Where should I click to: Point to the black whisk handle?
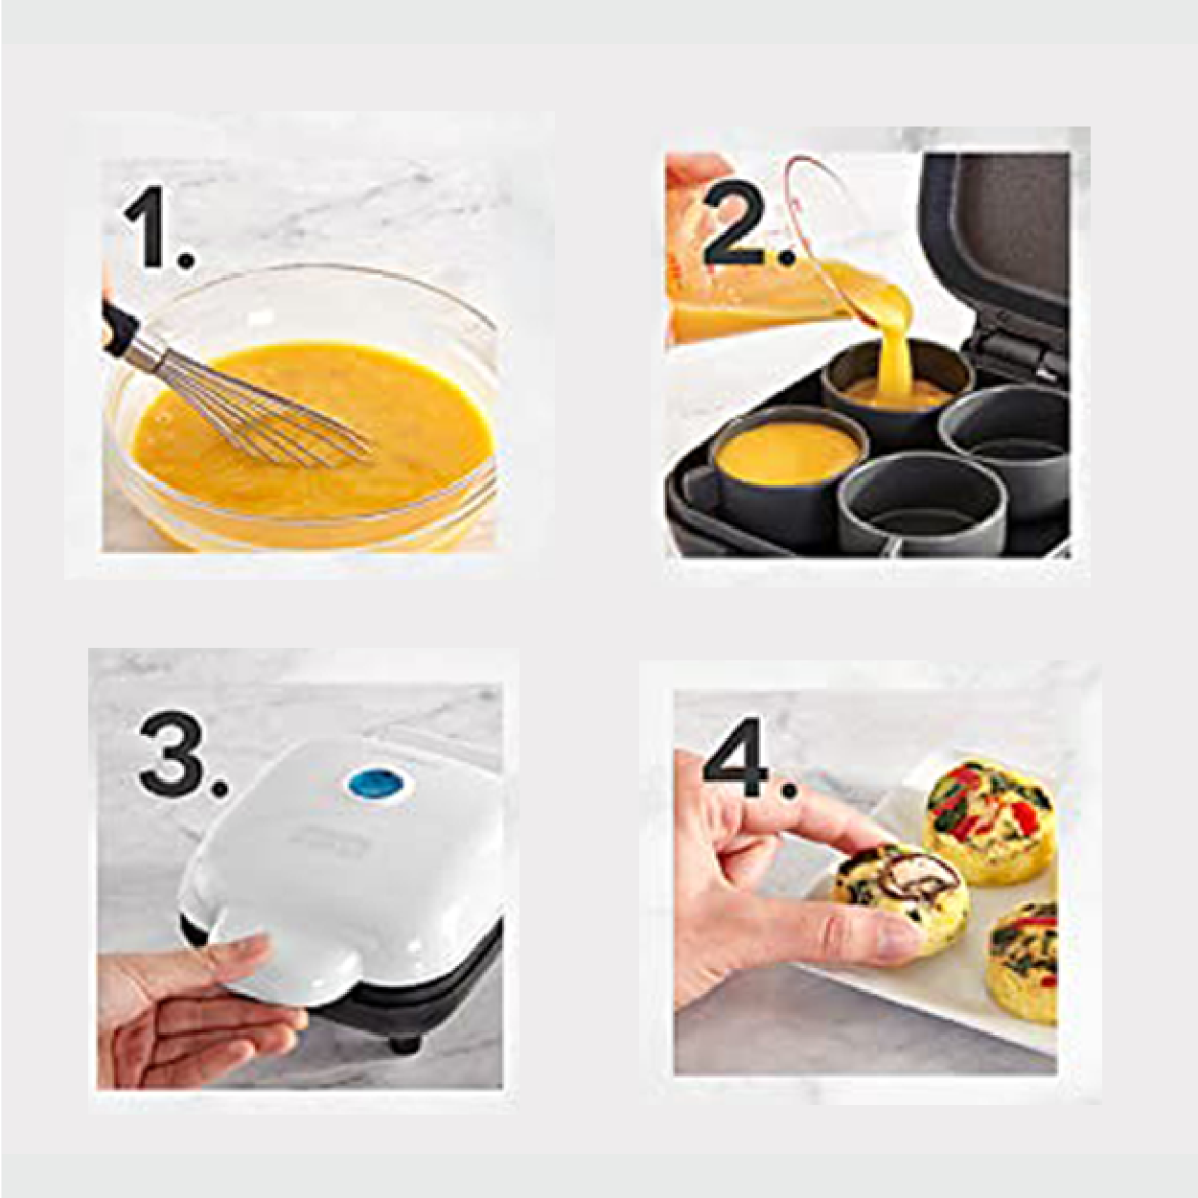pos(119,326)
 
